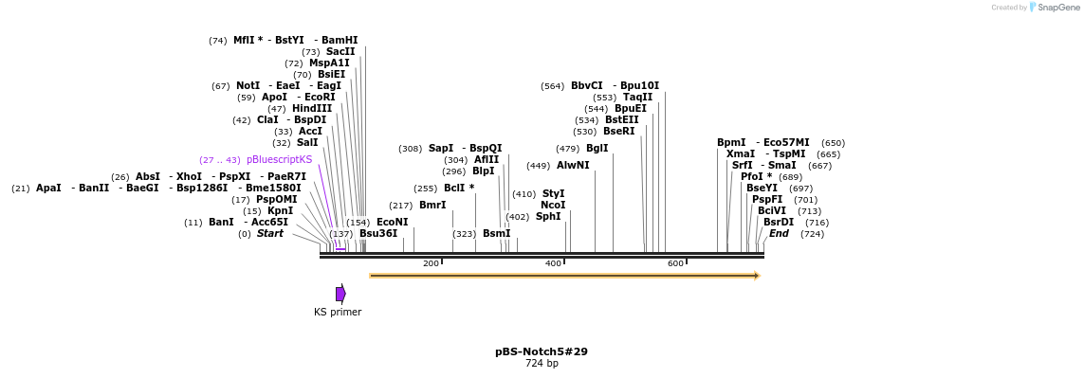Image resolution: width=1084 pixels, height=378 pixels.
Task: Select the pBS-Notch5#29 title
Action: pos(541,351)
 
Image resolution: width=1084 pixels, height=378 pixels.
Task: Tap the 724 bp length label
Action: pos(541,364)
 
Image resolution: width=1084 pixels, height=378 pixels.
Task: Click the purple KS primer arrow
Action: pos(340,294)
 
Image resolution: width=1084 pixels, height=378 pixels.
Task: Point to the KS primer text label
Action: pos(338,312)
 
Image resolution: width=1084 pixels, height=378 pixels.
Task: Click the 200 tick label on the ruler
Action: pos(431,263)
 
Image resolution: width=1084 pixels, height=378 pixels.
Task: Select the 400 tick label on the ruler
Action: pos(553,263)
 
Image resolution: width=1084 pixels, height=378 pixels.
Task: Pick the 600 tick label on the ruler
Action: pos(675,263)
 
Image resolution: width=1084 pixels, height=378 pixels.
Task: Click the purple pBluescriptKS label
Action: pos(279,159)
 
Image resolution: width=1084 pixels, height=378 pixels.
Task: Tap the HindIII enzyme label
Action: pos(312,108)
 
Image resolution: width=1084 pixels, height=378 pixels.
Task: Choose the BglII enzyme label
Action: pos(597,148)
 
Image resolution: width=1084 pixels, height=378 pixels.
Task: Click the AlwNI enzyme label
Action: pos(573,165)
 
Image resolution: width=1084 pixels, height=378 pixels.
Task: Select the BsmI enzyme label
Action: pos(496,233)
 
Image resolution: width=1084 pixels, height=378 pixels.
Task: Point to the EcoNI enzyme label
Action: pos(392,222)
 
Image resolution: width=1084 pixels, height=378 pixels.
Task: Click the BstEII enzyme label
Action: pos(621,119)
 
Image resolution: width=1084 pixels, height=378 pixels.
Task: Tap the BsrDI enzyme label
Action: pos(779,222)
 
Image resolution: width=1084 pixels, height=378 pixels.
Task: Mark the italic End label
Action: pos(779,233)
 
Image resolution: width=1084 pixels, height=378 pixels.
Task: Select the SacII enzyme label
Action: pos(340,51)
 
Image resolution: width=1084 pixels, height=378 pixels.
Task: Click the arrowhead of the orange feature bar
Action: pos(757,276)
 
